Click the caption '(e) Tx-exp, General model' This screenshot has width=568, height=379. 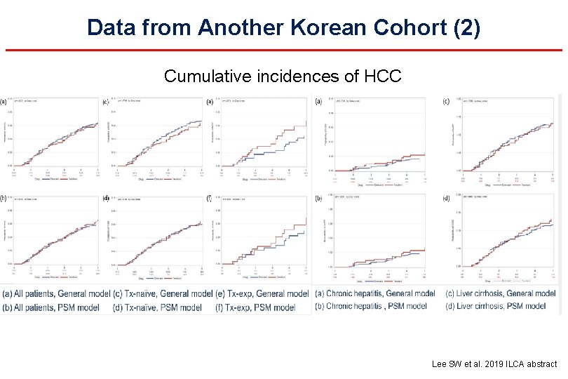[x=262, y=293]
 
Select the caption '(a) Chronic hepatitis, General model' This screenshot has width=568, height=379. [x=375, y=293]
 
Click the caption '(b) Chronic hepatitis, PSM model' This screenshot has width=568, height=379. [x=371, y=306]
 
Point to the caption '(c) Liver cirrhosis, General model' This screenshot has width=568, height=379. [x=499, y=293]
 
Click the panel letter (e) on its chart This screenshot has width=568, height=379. [x=210, y=101]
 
